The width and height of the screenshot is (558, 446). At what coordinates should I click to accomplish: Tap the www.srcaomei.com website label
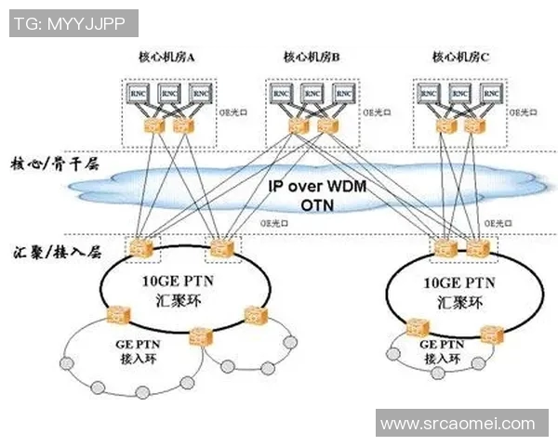[458, 424]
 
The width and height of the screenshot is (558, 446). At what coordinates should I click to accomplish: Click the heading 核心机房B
[312, 58]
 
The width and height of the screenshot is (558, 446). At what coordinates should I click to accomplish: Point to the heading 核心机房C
[460, 58]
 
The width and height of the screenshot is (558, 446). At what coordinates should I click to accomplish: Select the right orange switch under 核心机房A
[182, 125]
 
